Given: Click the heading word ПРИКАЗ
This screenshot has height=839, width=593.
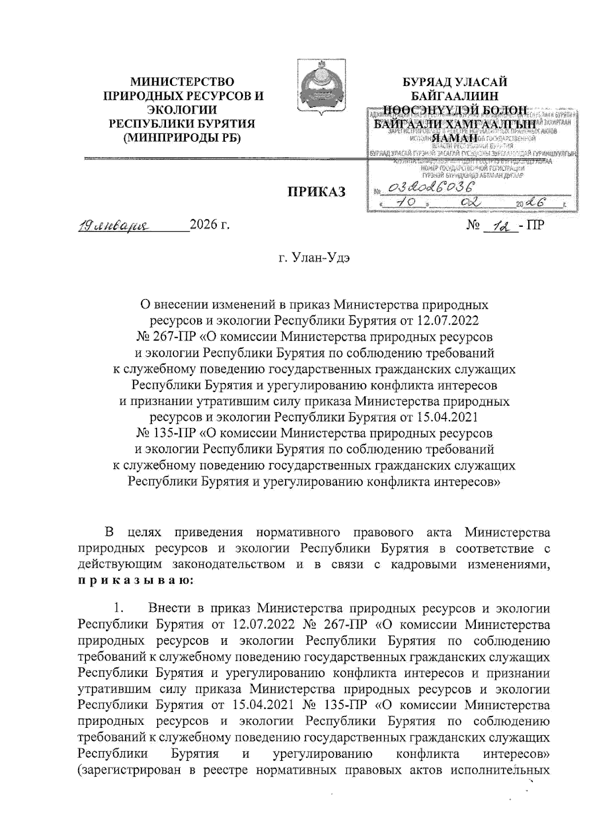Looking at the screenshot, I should tap(317, 192).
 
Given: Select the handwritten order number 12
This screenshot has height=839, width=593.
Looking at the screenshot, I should tap(500, 226).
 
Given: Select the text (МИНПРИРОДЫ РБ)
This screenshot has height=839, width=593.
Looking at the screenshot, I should tap(182, 138).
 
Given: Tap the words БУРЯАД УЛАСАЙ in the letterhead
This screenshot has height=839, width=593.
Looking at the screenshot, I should tap(454, 82).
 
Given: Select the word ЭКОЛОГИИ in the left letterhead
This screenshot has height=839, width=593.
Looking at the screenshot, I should tap(182, 110).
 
